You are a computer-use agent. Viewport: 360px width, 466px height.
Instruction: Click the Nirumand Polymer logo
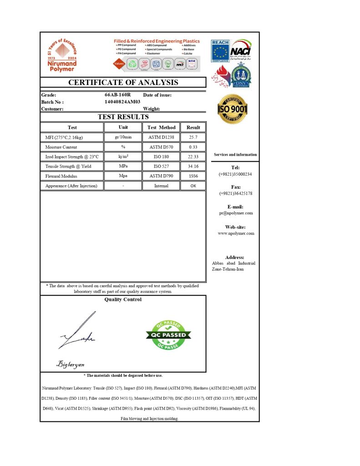62,56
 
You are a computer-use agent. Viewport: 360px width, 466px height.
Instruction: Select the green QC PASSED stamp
168,335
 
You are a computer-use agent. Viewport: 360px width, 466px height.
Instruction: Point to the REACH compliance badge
220,51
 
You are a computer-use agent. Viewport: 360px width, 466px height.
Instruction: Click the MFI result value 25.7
193,137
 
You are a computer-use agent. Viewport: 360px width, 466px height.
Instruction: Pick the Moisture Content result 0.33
193,147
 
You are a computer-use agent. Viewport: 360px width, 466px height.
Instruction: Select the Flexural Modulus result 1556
193,176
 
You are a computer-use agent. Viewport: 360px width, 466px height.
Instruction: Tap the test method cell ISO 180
161,157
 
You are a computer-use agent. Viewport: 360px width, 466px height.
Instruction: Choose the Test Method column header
161,127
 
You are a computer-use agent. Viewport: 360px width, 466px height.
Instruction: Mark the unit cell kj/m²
123,157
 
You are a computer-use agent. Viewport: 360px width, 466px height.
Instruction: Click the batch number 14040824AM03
123,102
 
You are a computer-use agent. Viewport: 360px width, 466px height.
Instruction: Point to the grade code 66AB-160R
117,95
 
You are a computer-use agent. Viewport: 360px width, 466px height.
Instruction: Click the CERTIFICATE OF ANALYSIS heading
123,82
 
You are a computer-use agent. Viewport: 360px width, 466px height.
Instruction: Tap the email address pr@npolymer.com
236,213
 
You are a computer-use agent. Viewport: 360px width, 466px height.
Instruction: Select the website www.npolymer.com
236,233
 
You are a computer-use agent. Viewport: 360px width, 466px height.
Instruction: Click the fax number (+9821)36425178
236,193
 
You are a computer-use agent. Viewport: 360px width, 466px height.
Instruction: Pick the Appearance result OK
193,186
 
